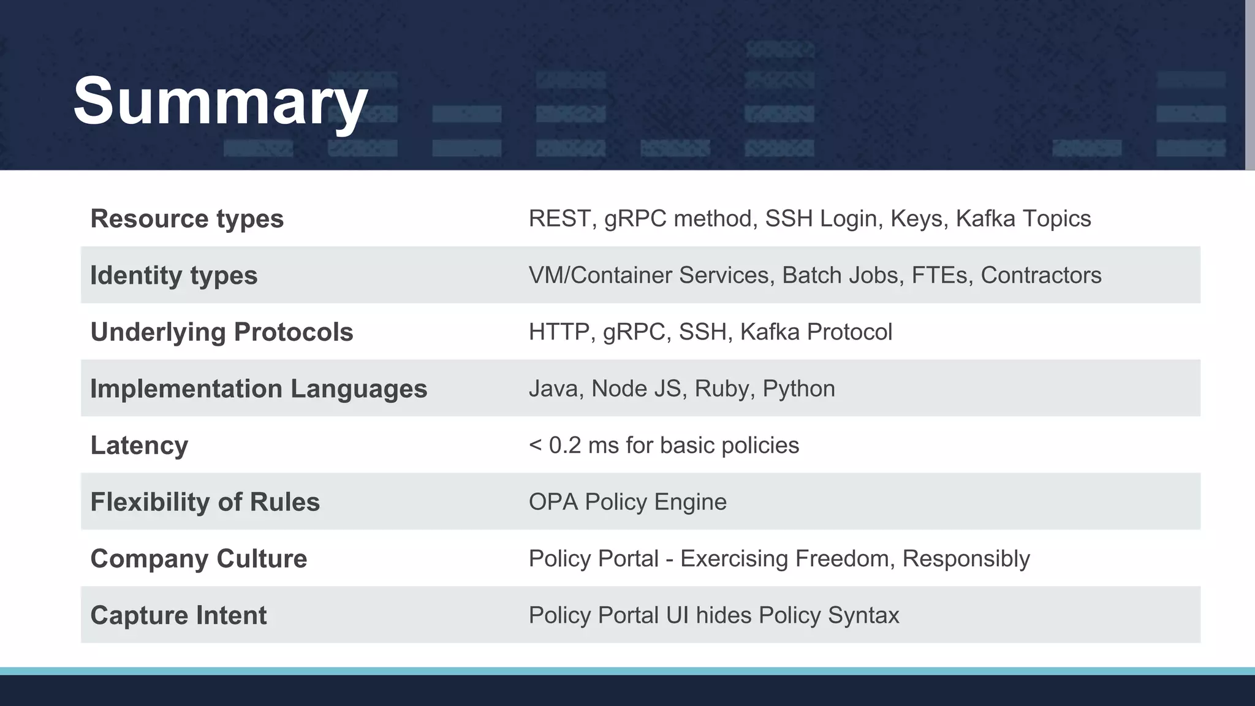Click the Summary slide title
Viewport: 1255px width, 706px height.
click(x=221, y=101)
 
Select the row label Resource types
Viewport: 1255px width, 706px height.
click(x=187, y=219)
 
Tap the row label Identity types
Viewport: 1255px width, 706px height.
click(x=173, y=275)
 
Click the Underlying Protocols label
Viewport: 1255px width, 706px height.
click(x=221, y=332)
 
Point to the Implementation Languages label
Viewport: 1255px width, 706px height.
click(x=258, y=389)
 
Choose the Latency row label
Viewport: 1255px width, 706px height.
click(x=139, y=446)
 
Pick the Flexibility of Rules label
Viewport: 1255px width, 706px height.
click(x=205, y=502)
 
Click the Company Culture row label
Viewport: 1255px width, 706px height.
click(x=199, y=559)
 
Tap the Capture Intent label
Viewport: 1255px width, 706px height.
click(x=178, y=615)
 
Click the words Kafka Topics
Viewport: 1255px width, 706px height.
click(x=1023, y=219)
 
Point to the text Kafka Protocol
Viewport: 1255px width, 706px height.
click(x=816, y=332)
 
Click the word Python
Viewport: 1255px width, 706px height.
click(x=798, y=389)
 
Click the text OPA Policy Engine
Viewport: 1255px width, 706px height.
click(x=627, y=502)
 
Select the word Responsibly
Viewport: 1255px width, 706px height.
click(x=966, y=559)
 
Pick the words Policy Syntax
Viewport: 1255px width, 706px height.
click(x=828, y=615)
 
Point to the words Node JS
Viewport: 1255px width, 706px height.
click(x=636, y=389)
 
